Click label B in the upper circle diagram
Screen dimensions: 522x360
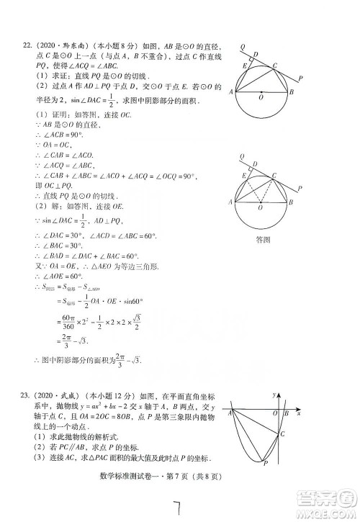point(291,92)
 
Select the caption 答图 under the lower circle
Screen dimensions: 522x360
point(262,240)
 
